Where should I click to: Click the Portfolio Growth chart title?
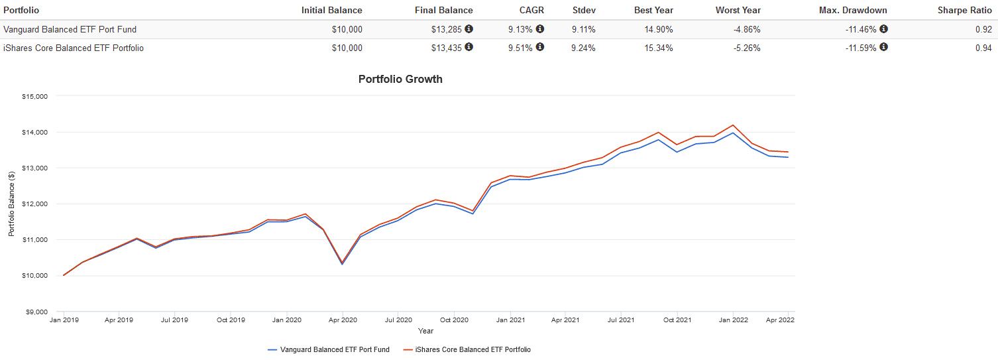point(400,79)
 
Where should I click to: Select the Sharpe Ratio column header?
point(964,10)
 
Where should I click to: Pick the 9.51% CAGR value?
point(520,48)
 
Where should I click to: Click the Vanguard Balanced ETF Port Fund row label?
point(70,29)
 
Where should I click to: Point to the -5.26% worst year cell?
point(746,48)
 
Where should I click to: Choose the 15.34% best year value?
point(659,48)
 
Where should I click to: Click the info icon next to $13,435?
point(469,47)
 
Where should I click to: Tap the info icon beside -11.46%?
point(883,29)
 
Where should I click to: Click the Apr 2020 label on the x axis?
point(343,320)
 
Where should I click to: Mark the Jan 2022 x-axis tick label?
point(733,320)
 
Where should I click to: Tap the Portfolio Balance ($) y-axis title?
point(11,204)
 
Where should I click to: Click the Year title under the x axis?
point(425,330)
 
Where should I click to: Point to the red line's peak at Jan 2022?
point(733,125)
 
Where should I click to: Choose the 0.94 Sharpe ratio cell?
point(983,48)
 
